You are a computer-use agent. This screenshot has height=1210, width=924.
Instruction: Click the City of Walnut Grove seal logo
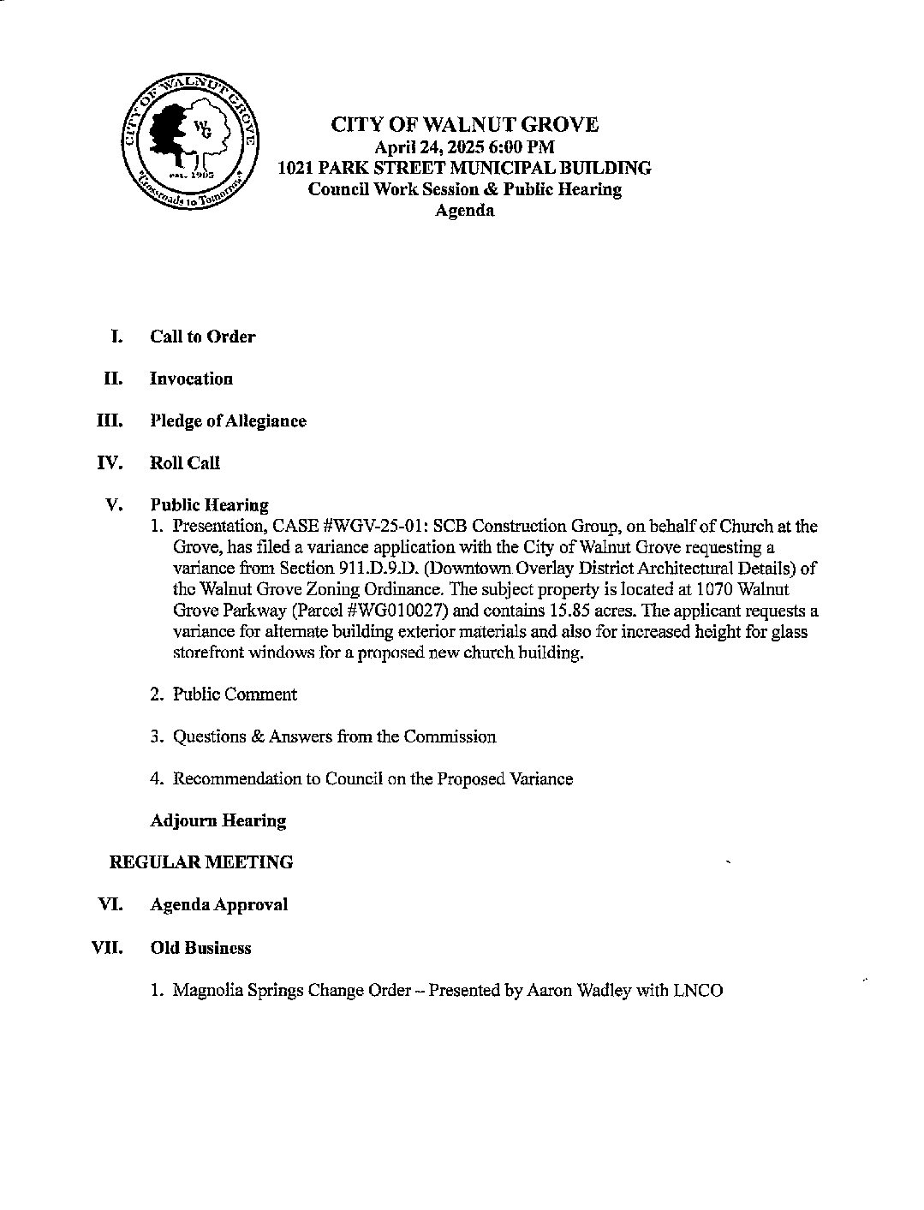[x=190, y=144]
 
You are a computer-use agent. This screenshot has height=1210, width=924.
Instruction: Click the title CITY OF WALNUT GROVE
[x=464, y=125]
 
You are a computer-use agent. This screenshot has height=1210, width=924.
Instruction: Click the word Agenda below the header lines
[x=464, y=211]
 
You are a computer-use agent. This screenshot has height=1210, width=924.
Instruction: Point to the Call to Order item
[x=202, y=337]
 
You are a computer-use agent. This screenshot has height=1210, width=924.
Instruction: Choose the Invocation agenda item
[x=191, y=378]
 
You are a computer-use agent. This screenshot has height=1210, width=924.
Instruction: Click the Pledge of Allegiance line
[x=228, y=420]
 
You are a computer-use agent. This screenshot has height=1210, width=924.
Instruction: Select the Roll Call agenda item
[x=185, y=462]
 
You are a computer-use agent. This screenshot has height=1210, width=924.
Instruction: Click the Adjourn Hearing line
[x=218, y=820]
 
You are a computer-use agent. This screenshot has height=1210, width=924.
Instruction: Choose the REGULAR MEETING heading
[x=200, y=862]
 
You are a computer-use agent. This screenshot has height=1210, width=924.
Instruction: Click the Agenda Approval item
[x=218, y=904]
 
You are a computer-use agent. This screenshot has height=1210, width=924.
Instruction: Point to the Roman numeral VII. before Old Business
[x=107, y=947]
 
